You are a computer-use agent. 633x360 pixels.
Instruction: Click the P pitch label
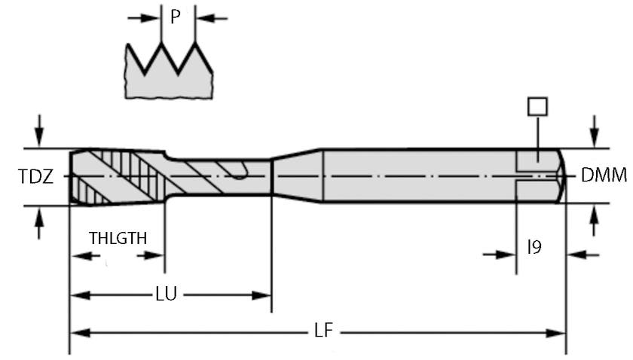pos(175,17)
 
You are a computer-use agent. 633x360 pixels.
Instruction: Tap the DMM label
pos(604,176)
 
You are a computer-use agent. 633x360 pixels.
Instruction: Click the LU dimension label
pos(166,294)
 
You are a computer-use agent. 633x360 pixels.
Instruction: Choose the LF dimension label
pos(320,331)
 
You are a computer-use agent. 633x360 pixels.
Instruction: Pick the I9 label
pos(534,246)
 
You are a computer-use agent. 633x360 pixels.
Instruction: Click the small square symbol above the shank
pos(537,106)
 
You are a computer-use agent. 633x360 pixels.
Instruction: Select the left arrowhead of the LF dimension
pos(78,331)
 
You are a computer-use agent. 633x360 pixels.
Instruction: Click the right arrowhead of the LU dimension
pos(263,294)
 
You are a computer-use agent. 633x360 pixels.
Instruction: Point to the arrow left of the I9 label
pos(499,255)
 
